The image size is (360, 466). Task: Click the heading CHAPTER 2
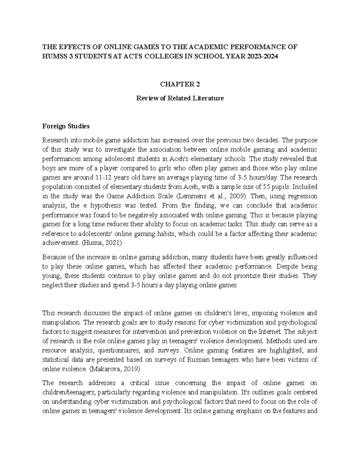coord(180,85)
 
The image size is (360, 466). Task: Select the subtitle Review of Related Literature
coord(180,98)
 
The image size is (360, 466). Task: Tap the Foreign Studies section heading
coord(66,126)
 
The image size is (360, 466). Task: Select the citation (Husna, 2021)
coord(102,243)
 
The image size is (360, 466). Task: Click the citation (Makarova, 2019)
coord(115,369)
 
